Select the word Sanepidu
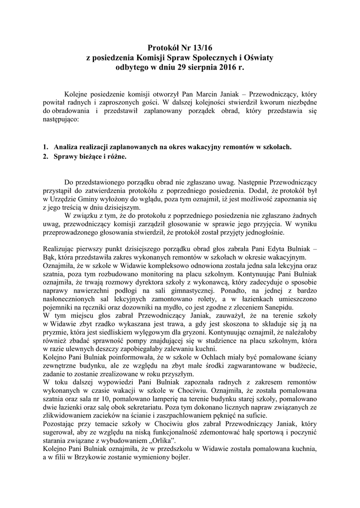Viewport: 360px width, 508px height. [x=279, y=308]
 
